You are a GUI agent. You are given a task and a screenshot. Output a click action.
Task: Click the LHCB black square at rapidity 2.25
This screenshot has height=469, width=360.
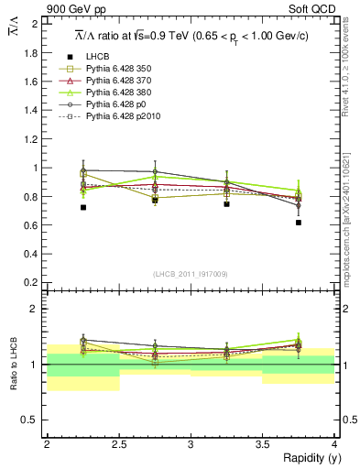coord(83,207)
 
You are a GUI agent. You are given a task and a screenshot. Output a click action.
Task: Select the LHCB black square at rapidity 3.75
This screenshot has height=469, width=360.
coord(299,222)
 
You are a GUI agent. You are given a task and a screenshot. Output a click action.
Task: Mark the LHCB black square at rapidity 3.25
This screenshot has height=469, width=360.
coord(227,203)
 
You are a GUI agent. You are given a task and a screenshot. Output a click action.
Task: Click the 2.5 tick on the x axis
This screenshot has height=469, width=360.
coord(119,444)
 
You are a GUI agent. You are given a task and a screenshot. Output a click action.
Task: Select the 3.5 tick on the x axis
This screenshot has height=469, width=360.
coord(263,444)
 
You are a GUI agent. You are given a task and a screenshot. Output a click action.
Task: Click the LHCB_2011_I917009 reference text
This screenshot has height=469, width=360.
coord(191,274)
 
